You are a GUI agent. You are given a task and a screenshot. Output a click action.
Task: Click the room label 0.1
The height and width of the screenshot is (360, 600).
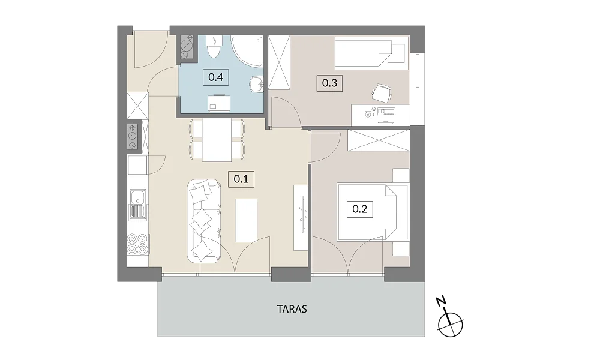[x=241, y=179]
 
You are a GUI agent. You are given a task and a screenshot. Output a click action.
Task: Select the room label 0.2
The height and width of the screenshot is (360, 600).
[x=359, y=209]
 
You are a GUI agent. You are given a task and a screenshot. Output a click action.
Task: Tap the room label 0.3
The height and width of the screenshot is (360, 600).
[x=329, y=83]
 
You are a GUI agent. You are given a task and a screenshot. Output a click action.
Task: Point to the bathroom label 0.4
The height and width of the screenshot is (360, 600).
[x=216, y=77]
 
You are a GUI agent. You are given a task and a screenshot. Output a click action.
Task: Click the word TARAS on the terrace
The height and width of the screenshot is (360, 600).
[x=292, y=309]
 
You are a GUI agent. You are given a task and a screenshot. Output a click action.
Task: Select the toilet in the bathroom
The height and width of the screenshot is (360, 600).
[x=214, y=46]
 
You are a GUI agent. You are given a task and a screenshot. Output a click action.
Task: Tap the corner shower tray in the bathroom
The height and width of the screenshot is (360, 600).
[x=247, y=51]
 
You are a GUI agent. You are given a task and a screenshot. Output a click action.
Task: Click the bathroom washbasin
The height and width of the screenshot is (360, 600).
[x=257, y=84]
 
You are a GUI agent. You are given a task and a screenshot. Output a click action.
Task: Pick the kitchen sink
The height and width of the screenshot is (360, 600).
[x=137, y=204]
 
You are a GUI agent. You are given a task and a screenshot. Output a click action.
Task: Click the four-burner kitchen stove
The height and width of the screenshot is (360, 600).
[x=137, y=244]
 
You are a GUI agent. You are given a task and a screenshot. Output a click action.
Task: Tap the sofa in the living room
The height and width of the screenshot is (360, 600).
[x=204, y=221]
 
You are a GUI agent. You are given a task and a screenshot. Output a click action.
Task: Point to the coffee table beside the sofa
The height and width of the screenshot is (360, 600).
[x=246, y=220]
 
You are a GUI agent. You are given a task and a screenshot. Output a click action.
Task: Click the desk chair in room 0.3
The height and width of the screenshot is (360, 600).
[x=382, y=92]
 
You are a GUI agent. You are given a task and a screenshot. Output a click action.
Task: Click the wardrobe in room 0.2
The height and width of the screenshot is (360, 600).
[x=379, y=140]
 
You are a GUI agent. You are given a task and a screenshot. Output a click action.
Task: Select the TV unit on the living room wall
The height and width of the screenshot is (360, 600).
[x=301, y=218]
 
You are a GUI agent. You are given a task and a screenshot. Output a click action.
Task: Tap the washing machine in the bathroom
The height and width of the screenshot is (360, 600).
[x=219, y=103]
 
